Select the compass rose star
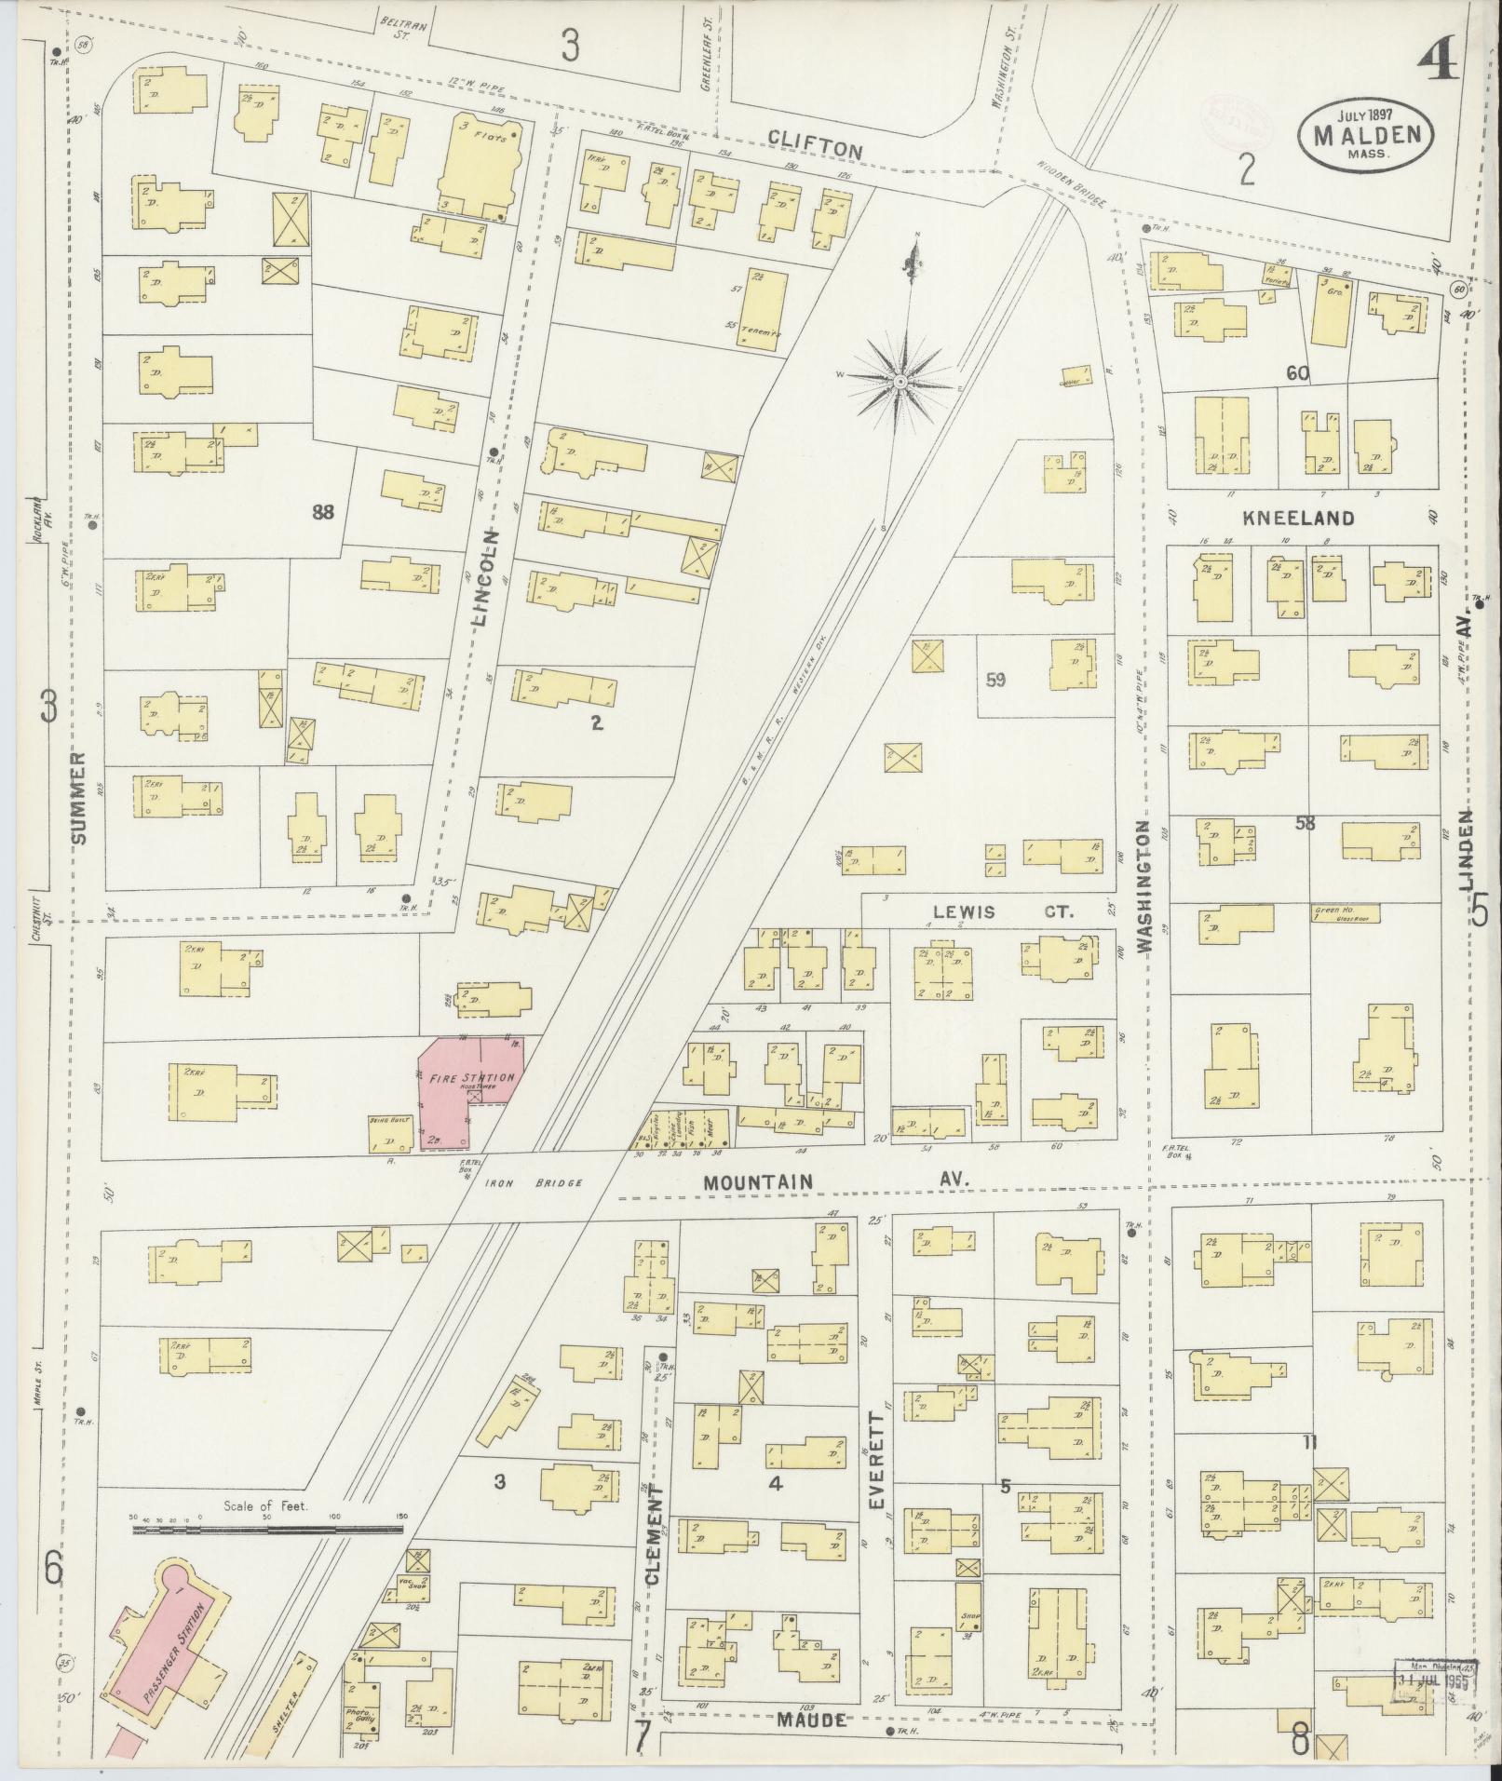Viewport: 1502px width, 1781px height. coord(900,383)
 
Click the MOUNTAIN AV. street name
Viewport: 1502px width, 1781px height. coord(835,1181)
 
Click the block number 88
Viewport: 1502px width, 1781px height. coord(322,511)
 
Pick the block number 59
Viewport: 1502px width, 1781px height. coord(995,680)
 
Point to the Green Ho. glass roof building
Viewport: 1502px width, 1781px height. coord(1345,913)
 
